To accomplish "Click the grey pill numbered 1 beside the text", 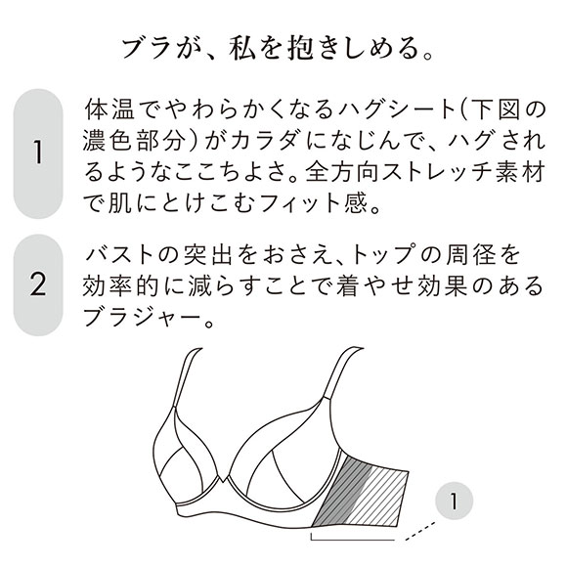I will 39,153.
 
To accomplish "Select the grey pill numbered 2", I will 39,285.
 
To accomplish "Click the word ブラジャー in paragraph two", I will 140,321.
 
